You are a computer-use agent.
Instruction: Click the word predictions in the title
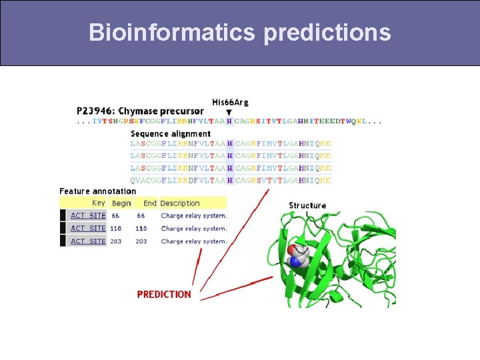click(x=327, y=32)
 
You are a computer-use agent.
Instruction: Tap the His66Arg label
click(x=230, y=102)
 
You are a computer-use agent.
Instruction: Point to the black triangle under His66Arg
click(x=229, y=112)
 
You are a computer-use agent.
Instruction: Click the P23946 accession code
click(x=95, y=111)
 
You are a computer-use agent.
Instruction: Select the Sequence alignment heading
click(x=171, y=134)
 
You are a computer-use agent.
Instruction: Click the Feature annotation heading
click(x=98, y=191)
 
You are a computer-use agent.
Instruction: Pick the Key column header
click(x=99, y=203)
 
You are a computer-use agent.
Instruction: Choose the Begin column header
click(x=121, y=203)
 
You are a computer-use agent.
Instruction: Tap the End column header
click(x=150, y=203)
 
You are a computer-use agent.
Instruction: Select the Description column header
click(x=180, y=203)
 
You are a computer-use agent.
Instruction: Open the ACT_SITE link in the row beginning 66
click(x=88, y=215)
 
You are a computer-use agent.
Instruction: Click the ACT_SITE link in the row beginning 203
click(x=88, y=241)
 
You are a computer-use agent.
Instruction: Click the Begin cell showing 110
click(x=116, y=228)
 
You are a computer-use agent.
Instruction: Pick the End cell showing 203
click(x=141, y=241)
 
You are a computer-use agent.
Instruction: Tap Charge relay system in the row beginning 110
click(x=194, y=228)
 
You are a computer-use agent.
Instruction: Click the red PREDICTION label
click(x=164, y=294)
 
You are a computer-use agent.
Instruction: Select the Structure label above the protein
click(x=307, y=205)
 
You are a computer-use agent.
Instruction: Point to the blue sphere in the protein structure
click(x=295, y=263)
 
